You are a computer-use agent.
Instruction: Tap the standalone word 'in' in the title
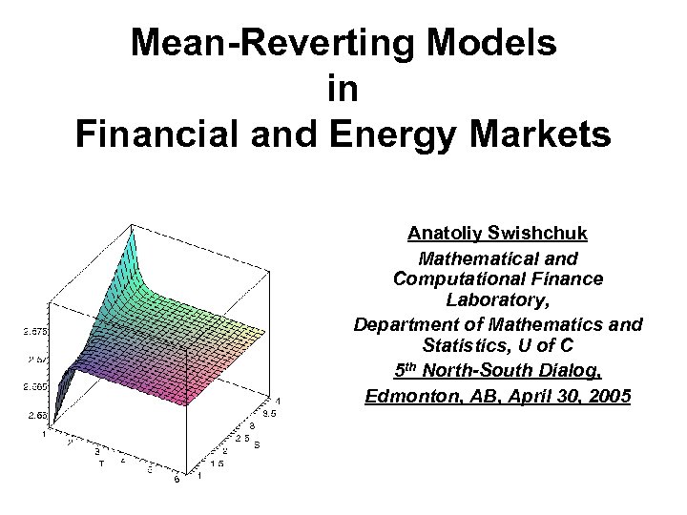343,89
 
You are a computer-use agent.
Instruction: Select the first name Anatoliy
446,233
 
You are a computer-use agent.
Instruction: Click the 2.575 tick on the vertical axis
37,332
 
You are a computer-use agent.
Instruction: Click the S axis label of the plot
256,444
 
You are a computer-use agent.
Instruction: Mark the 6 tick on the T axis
176,481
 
